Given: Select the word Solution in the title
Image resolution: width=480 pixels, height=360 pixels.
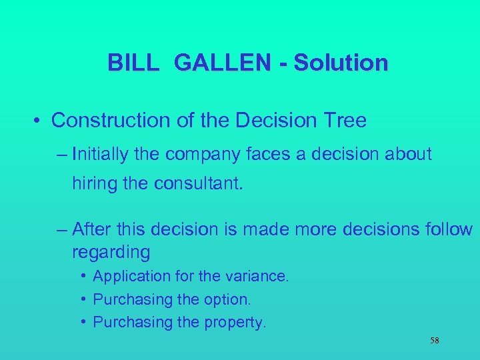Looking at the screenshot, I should tap(341, 63).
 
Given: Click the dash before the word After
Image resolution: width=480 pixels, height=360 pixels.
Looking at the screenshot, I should tap(63, 229).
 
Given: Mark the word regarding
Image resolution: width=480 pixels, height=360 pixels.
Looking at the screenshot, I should tap(111, 252).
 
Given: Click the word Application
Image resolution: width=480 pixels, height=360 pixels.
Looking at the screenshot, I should tap(131, 276).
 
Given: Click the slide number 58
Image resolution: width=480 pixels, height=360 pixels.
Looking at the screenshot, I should tap(435, 341).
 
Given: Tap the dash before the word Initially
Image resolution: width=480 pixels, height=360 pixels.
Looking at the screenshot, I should tap(63, 155).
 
